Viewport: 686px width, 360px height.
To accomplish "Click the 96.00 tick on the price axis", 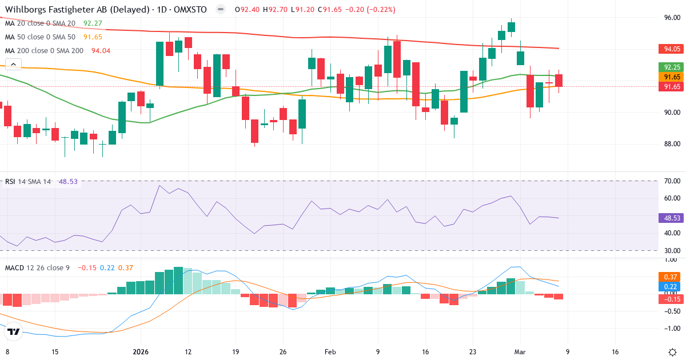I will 672,17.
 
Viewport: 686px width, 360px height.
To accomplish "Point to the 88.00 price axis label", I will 672,143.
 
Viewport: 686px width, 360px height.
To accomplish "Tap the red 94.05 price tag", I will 672,49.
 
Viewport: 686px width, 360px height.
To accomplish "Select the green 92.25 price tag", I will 672,67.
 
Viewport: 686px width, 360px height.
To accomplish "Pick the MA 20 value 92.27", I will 93,23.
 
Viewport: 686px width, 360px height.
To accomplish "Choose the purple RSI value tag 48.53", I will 672,218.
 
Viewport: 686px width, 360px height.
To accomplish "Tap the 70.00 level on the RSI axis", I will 672,181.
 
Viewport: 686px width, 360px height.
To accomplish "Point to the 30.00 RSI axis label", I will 672,250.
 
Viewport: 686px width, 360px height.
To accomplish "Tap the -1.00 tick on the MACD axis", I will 672,328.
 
